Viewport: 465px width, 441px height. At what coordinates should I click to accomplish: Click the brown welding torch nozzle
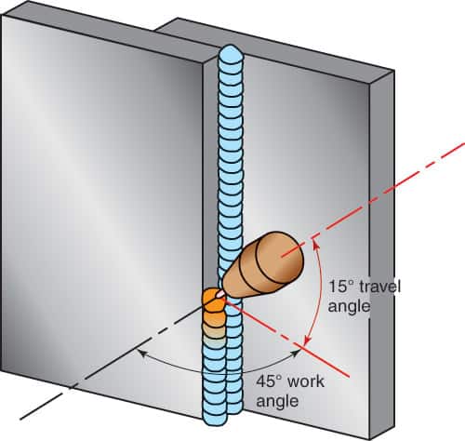click(263, 266)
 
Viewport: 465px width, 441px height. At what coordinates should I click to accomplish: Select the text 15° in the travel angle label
click(340, 287)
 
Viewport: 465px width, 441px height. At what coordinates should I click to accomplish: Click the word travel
click(379, 286)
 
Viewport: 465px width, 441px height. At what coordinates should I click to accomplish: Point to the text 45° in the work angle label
click(269, 381)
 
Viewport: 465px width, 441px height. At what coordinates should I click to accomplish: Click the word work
click(305, 381)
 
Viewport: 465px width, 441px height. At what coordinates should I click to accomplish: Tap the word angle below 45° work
click(277, 402)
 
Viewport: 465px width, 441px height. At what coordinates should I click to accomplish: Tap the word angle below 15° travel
click(349, 307)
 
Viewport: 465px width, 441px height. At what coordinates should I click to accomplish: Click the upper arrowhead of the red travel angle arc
click(314, 244)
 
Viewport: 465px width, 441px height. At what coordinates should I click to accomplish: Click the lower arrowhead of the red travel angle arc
click(307, 341)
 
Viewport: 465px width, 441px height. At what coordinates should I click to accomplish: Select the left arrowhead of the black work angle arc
click(141, 353)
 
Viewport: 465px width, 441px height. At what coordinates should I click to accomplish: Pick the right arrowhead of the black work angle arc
click(297, 353)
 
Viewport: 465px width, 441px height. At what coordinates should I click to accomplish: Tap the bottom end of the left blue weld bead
click(215, 419)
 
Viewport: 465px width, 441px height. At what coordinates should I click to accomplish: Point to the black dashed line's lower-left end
click(20, 420)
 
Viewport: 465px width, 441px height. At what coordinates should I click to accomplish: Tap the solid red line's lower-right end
click(350, 378)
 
